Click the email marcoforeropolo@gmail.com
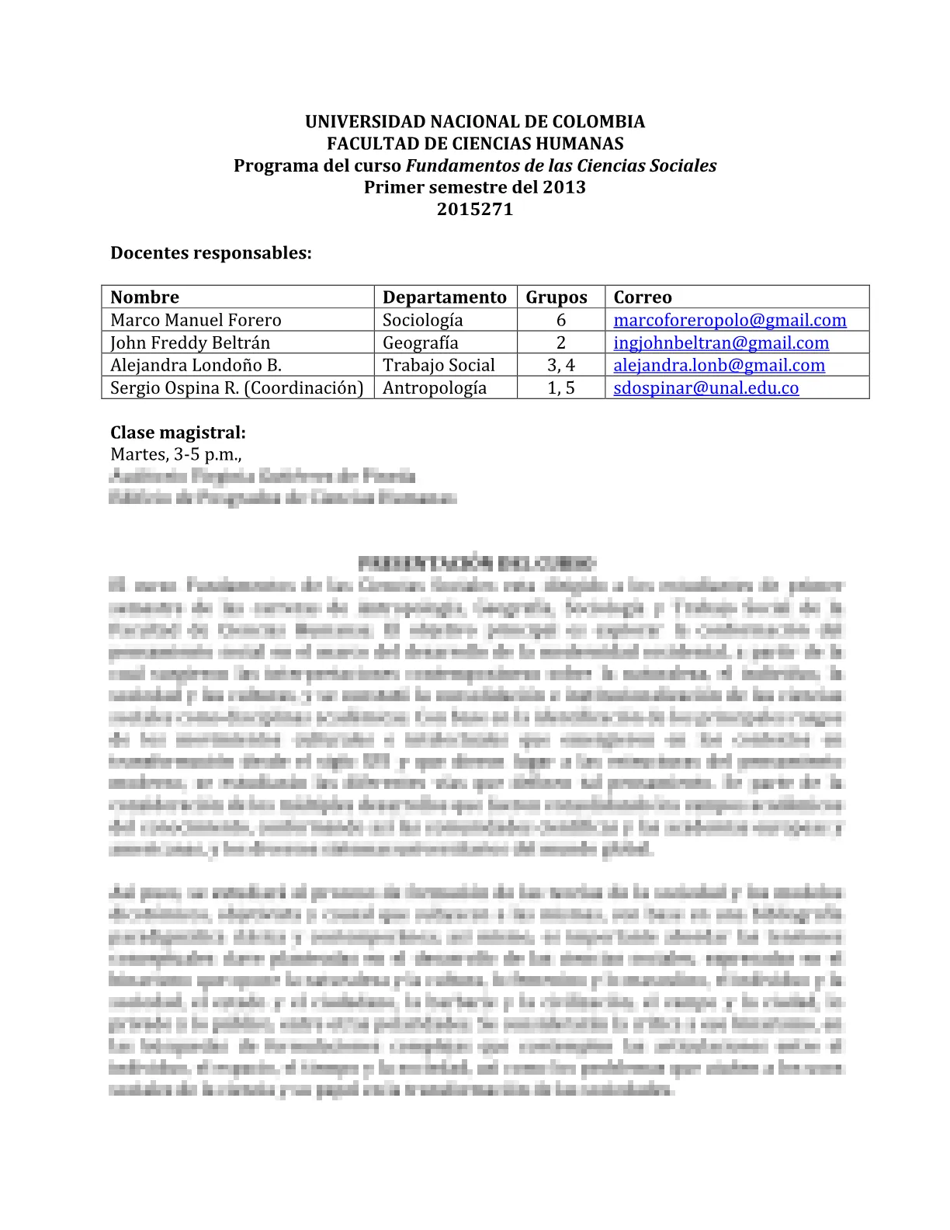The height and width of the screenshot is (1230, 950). [730, 320]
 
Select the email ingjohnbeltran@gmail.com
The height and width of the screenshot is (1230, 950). [721, 342]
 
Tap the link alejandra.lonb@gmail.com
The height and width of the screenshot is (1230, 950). [719, 365]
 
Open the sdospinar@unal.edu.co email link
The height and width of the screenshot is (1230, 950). [706, 387]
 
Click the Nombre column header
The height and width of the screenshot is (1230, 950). [144, 297]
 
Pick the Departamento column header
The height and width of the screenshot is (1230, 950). [444, 297]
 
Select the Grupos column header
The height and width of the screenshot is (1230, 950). [556, 297]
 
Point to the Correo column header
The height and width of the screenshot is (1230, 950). [643, 297]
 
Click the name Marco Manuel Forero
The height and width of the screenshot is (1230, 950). [196, 320]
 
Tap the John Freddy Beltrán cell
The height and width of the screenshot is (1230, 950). [190, 342]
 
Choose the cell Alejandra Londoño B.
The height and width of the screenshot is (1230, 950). [196, 365]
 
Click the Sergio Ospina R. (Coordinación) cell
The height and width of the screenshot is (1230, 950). [237, 387]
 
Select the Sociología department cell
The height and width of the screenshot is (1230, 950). [422, 320]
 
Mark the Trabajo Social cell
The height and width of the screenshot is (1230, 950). [439, 365]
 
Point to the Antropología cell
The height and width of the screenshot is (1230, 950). [435, 387]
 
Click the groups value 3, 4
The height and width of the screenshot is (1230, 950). [561, 365]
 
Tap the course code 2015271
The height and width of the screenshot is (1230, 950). [475, 209]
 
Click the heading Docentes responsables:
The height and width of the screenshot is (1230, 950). [211, 253]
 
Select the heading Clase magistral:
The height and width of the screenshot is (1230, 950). [178, 433]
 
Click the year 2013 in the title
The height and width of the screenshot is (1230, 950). [564, 187]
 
